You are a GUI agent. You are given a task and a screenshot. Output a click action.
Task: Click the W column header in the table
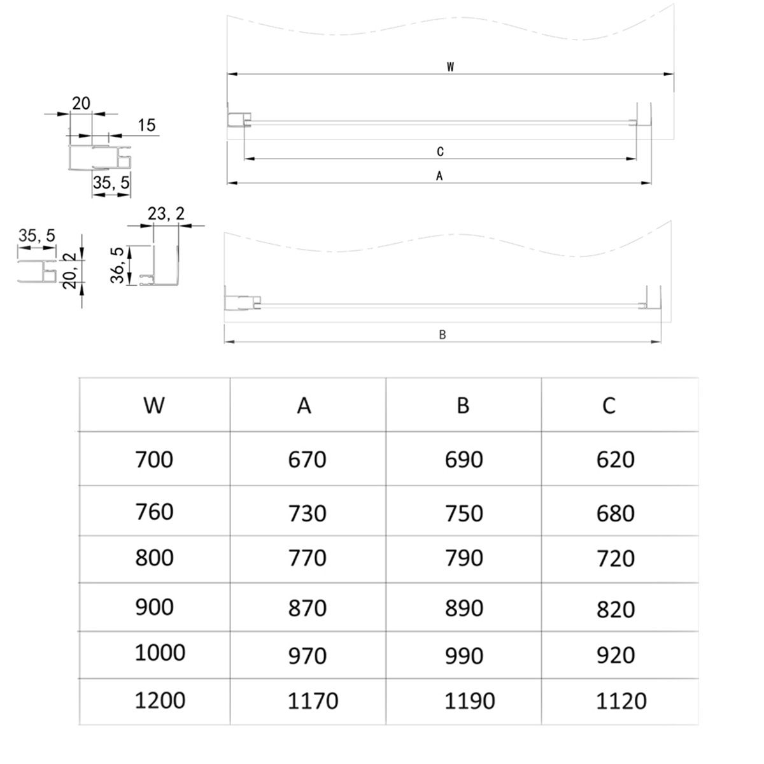tap(154, 405)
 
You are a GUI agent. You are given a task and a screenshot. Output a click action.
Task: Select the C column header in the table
tap(609, 405)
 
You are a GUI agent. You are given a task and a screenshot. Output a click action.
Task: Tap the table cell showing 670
tap(307, 459)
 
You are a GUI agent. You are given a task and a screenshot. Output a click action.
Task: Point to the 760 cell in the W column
tap(154, 512)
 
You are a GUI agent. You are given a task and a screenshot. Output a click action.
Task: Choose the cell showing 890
tap(464, 608)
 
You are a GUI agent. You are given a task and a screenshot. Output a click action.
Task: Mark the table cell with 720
tap(616, 558)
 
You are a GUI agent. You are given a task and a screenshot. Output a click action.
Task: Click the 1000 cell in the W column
tap(160, 653)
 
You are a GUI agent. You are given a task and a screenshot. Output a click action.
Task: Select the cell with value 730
tap(307, 513)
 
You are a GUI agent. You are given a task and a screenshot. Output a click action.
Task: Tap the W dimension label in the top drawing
tap(450, 67)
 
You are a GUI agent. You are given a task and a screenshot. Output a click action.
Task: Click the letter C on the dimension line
tap(440, 152)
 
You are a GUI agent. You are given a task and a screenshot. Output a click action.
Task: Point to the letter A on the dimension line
tap(439, 176)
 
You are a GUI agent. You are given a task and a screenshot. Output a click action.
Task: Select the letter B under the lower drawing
tap(442, 335)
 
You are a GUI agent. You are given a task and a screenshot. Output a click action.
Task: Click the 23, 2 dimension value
tap(166, 214)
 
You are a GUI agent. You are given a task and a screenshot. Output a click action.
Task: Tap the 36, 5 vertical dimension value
tap(117, 266)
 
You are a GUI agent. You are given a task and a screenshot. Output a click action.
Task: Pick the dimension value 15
tap(146, 125)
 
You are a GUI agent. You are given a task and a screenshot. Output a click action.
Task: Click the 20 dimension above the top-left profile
tap(81, 103)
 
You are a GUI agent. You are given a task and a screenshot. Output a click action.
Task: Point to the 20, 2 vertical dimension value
tap(70, 271)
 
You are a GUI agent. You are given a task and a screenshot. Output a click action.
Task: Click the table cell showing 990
tap(464, 656)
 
